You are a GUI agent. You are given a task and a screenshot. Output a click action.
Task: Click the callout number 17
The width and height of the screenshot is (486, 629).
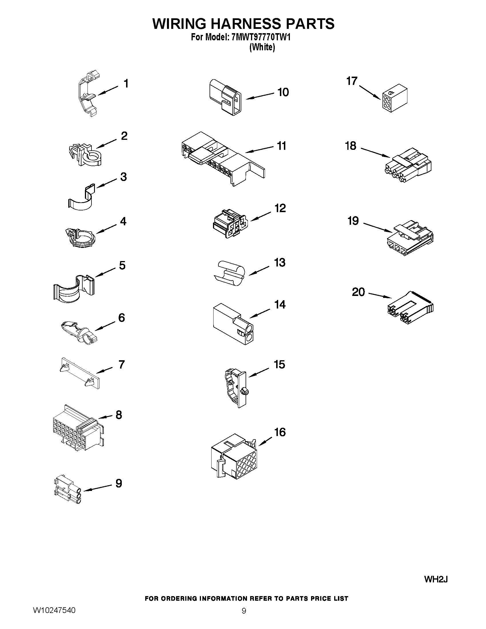coord(352,81)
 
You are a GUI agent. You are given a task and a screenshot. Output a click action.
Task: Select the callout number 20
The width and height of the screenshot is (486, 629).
coord(358,292)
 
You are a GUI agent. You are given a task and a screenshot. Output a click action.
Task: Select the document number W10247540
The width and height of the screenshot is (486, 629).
coord(54,618)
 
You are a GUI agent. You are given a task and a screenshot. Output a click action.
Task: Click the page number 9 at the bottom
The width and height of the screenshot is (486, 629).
coord(244,619)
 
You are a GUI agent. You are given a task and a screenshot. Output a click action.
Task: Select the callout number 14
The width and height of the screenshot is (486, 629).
coord(280,305)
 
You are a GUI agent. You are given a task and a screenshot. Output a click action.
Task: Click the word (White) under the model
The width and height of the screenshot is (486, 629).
coord(262,47)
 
